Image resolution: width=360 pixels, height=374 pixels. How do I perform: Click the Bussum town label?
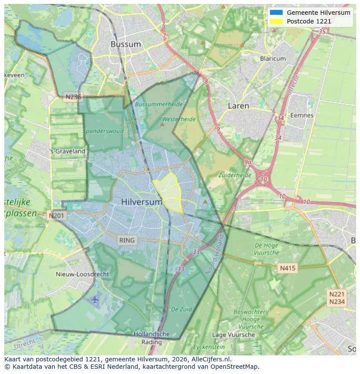point(125,44)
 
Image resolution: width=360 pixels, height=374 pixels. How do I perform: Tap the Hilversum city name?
point(142,202)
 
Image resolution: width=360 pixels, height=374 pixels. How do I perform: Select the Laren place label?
point(238,106)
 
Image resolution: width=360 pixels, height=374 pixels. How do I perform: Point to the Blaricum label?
point(273,59)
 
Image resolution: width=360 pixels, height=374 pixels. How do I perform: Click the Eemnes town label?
point(302,115)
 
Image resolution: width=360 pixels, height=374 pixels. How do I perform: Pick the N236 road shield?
point(72,97)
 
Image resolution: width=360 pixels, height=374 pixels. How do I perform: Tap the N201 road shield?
point(57,215)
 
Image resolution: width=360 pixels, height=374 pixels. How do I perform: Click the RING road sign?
point(127,240)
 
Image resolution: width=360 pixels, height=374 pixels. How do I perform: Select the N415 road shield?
point(287,268)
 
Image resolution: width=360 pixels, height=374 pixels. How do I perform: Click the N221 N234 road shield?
point(337,298)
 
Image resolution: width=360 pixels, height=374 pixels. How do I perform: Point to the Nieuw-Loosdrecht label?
point(83,274)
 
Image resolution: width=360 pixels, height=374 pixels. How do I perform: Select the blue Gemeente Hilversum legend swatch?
point(276,13)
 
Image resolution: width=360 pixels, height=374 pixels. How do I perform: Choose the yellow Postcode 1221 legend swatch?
point(276,21)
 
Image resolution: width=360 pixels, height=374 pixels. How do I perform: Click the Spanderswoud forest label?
point(103,131)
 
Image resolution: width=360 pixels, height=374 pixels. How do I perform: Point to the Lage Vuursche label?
point(233,334)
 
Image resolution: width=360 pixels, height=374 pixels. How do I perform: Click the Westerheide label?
point(178,119)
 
